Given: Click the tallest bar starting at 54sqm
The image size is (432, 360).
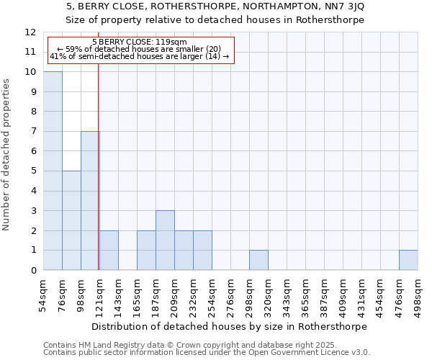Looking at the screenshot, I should coord(53,171).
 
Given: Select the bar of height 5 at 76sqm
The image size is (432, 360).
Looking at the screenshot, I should coord(71,220).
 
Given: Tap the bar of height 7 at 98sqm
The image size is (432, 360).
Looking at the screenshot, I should coord(89,201).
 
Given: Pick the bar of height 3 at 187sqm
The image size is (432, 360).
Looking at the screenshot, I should coord(165,240).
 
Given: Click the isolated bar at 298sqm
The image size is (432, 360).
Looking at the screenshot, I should coord(258,260).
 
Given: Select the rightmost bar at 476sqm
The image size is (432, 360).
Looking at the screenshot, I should coord(408,260).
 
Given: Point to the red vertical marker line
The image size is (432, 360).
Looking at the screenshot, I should coord(98,180).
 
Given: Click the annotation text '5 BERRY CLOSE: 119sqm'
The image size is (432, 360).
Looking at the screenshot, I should coord(140,42).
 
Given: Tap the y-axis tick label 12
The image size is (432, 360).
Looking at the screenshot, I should coord(30,32).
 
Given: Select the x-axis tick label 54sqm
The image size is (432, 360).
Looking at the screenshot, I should coord(44,294).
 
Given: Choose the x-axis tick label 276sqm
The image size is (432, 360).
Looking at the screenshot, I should coord(231,294).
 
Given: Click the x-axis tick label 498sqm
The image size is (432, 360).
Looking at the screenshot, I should coord(418,294).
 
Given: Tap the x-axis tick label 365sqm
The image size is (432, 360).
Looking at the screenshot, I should coord(306,294).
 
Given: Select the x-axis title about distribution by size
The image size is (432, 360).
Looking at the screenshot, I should coord(230,326).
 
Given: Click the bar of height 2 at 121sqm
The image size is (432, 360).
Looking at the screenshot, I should coord(109,251).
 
